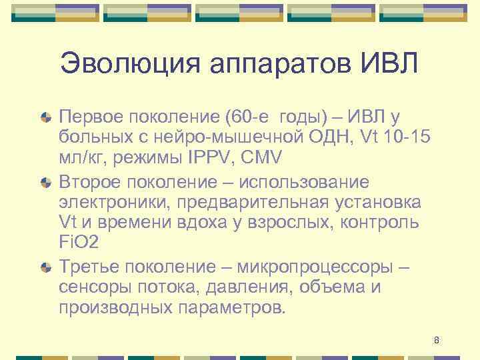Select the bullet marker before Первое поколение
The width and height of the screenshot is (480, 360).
46,117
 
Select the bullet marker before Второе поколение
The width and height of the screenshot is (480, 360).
46,182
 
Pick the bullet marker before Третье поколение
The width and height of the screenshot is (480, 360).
46,267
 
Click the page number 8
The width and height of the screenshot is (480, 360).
437,341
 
